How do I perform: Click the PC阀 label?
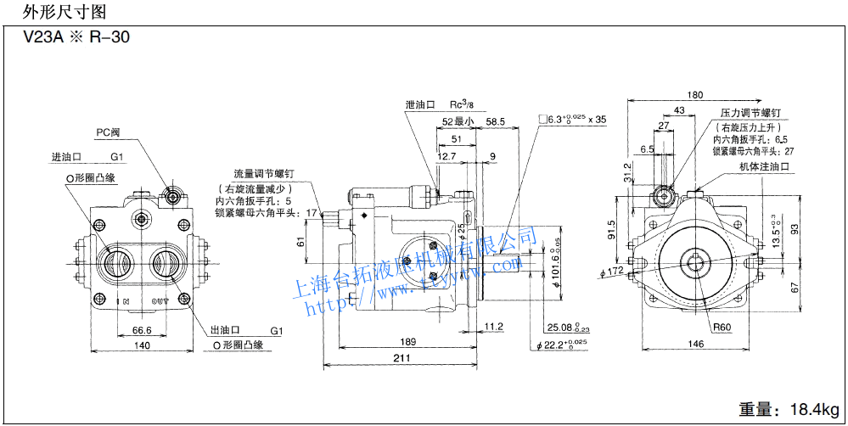108,132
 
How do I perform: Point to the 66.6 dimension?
142,330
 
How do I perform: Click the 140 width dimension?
140,345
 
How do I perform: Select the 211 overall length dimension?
402,359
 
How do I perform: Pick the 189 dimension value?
407,341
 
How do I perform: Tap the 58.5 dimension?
496,122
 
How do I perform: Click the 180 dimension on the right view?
695,95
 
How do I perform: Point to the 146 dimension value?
695,345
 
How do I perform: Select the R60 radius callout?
722,327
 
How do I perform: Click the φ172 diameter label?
611,272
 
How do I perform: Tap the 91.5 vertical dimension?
612,230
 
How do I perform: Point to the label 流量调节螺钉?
267,174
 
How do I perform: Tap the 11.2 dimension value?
494,327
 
